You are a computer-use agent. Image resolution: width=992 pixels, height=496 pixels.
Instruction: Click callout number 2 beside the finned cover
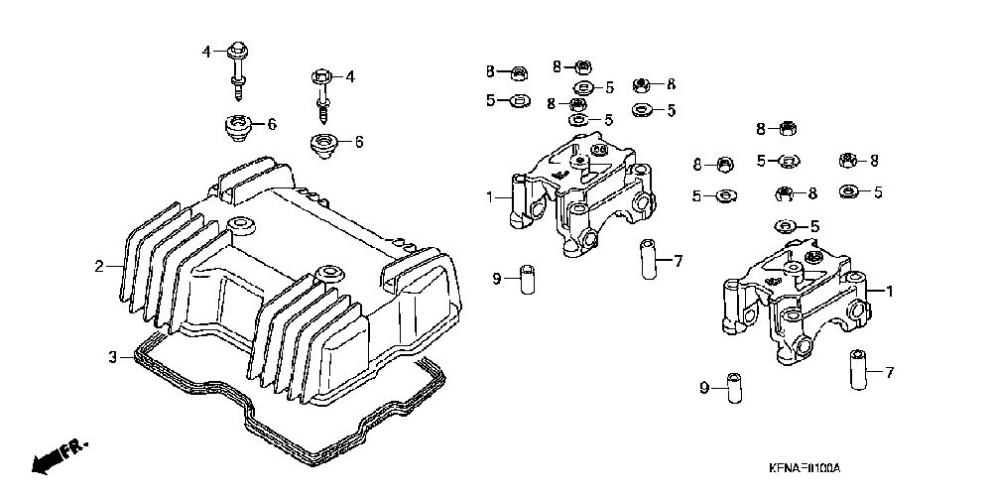click(x=99, y=266)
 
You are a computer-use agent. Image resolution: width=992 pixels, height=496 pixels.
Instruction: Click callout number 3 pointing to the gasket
click(x=112, y=355)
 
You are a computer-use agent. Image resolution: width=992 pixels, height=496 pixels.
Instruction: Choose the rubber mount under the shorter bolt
click(x=324, y=145)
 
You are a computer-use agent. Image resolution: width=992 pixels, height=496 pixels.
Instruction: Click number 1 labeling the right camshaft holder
click(x=889, y=292)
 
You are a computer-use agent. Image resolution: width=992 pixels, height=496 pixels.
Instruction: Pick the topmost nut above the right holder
click(x=789, y=127)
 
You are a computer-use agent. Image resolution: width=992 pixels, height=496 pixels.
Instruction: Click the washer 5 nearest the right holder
click(x=786, y=226)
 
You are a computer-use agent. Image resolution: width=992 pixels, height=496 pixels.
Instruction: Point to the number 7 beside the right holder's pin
click(x=889, y=373)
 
